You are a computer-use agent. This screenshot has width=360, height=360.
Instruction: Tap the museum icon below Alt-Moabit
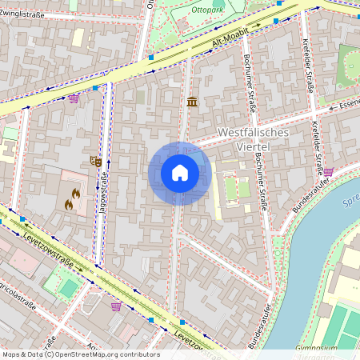coord(192,102)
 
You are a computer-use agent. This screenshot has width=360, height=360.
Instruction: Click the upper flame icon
coord(75,193)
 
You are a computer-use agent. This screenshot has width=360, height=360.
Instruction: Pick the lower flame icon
coord(69,205)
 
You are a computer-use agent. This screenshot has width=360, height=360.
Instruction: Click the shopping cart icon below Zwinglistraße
coord(74,98)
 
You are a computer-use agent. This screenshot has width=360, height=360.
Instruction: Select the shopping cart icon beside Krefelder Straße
coord(328,170)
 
